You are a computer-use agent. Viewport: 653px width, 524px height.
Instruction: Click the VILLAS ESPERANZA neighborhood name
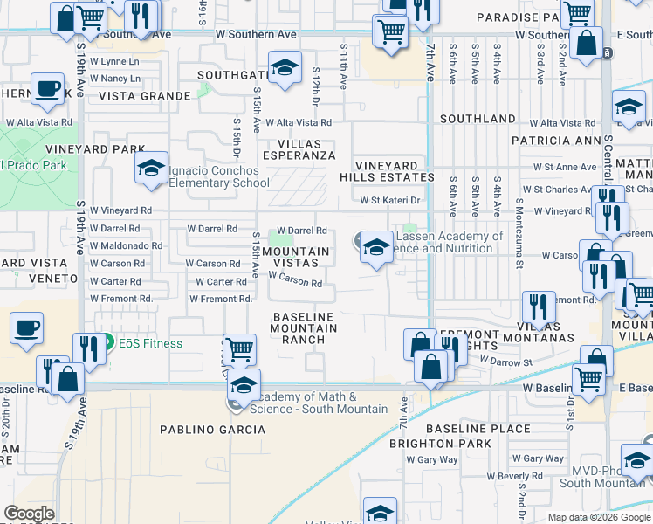[x=294, y=149]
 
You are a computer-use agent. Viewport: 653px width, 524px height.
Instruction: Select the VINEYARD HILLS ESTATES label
[x=394, y=171]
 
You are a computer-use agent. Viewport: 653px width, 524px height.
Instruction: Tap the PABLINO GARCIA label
[x=205, y=429]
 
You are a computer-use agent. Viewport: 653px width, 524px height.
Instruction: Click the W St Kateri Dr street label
[x=391, y=200]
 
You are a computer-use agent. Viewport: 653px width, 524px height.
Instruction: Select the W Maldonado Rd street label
[x=126, y=245]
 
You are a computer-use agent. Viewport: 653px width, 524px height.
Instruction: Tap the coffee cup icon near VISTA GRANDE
[x=47, y=89]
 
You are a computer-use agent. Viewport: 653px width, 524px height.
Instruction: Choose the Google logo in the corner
[x=29, y=514]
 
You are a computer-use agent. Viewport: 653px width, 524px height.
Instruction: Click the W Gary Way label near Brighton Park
[x=436, y=459]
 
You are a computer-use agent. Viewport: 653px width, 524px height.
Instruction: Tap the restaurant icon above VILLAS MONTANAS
[x=538, y=307]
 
